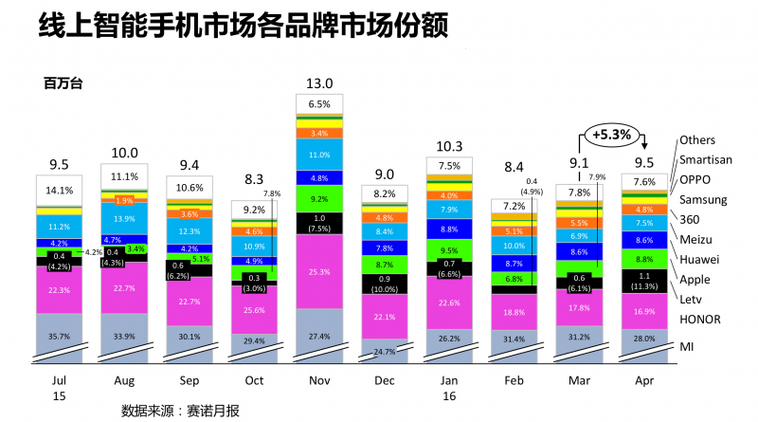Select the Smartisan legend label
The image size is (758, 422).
[x=706, y=159]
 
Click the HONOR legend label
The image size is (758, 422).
[x=701, y=319]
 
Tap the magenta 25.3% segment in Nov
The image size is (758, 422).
[x=319, y=271]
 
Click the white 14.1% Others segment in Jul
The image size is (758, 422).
[x=59, y=189]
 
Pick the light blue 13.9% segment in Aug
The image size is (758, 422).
[x=124, y=219]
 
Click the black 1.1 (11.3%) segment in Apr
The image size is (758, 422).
[x=644, y=280]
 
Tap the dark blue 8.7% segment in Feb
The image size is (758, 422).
[x=514, y=263]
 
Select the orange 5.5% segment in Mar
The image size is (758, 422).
[x=579, y=222]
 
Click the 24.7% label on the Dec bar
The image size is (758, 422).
[x=384, y=352]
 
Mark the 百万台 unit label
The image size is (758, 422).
[x=63, y=83]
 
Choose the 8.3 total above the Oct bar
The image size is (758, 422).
[x=254, y=178]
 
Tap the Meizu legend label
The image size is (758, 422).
[x=697, y=239]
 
